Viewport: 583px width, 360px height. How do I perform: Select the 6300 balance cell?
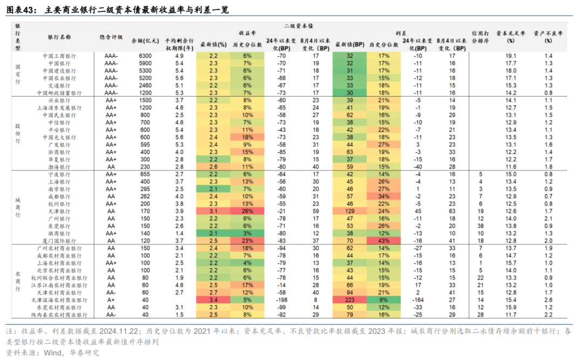(145, 56)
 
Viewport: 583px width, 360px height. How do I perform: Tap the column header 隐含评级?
(111, 37)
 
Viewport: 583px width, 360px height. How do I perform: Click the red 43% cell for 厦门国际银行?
(384, 241)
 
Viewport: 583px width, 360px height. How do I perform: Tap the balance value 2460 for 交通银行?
(145, 85)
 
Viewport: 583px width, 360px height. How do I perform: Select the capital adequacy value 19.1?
(511, 56)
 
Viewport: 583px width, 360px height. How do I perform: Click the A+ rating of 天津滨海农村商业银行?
(111, 300)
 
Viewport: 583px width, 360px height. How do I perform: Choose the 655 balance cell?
(145, 174)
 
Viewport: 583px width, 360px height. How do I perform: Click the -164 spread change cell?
(416, 300)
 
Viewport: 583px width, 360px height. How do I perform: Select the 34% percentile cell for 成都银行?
(384, 196)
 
